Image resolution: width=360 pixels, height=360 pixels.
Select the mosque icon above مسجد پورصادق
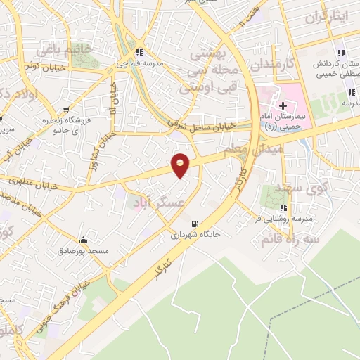click(x=84, y=240)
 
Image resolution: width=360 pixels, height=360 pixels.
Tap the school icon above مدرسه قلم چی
click(x=140, y=52)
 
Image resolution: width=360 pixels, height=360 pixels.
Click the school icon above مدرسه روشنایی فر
click(x=284, y=207)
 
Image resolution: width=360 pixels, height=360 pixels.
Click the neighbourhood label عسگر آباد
click(x=157, y=202)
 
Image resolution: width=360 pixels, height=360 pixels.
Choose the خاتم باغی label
click(x=72, y=50)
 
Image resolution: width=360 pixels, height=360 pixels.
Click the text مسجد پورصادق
click(x=84, y=251)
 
